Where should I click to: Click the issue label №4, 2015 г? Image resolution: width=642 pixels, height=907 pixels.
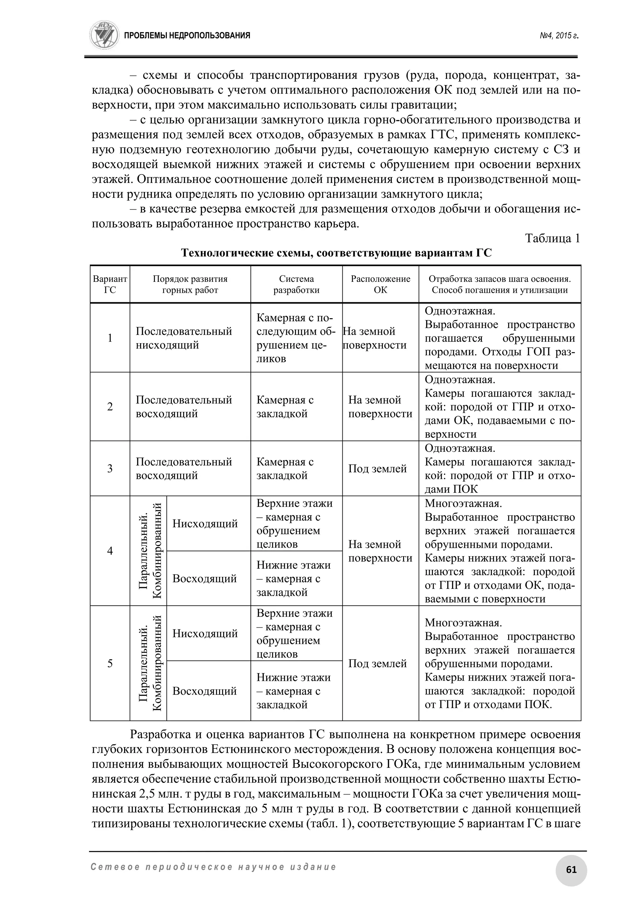(559, 36)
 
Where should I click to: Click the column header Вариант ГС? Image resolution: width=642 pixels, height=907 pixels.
(110, 284)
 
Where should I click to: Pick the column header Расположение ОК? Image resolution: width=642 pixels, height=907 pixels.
(380, 284)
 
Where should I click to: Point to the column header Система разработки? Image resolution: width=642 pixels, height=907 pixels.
(296, 284)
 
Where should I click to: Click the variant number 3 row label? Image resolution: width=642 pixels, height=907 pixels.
(110, 469)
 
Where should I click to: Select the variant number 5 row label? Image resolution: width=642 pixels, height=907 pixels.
(110, 663)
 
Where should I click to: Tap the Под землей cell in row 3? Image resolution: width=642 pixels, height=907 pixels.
(377, 469)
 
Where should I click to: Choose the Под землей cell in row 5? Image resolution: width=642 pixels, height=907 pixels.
(377, 663)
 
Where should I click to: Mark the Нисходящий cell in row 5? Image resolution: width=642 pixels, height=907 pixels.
(205, 633)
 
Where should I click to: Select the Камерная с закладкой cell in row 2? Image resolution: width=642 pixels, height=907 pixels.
(285, 407)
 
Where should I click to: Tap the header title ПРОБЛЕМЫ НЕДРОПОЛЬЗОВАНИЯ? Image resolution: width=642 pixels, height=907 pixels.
(187, 36)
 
